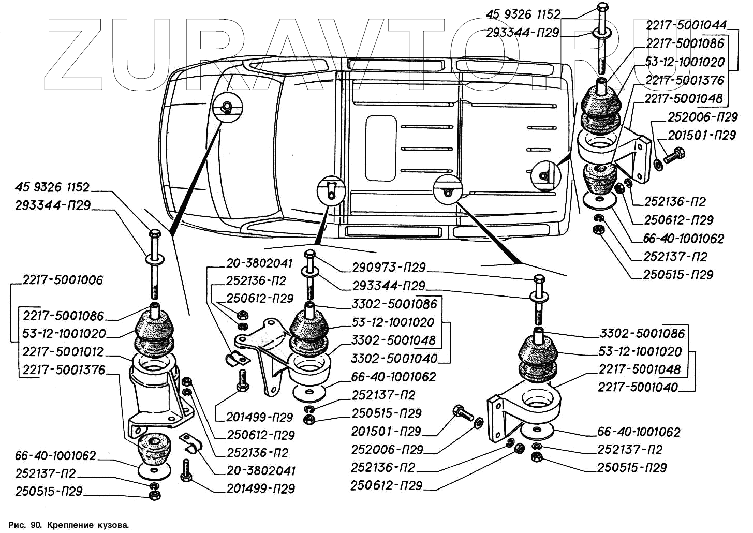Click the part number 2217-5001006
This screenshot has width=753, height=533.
click(63, 280)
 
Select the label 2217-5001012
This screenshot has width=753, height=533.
click(63, 352)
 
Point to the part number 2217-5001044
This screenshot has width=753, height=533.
click(686, 25)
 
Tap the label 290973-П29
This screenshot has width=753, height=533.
click(389, 268)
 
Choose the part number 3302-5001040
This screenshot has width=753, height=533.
click(394, 359)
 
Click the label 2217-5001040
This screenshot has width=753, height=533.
click(638, 388)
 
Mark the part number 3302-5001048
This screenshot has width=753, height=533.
click(394, 340)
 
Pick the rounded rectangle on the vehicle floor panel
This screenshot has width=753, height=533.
click(380, 148)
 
